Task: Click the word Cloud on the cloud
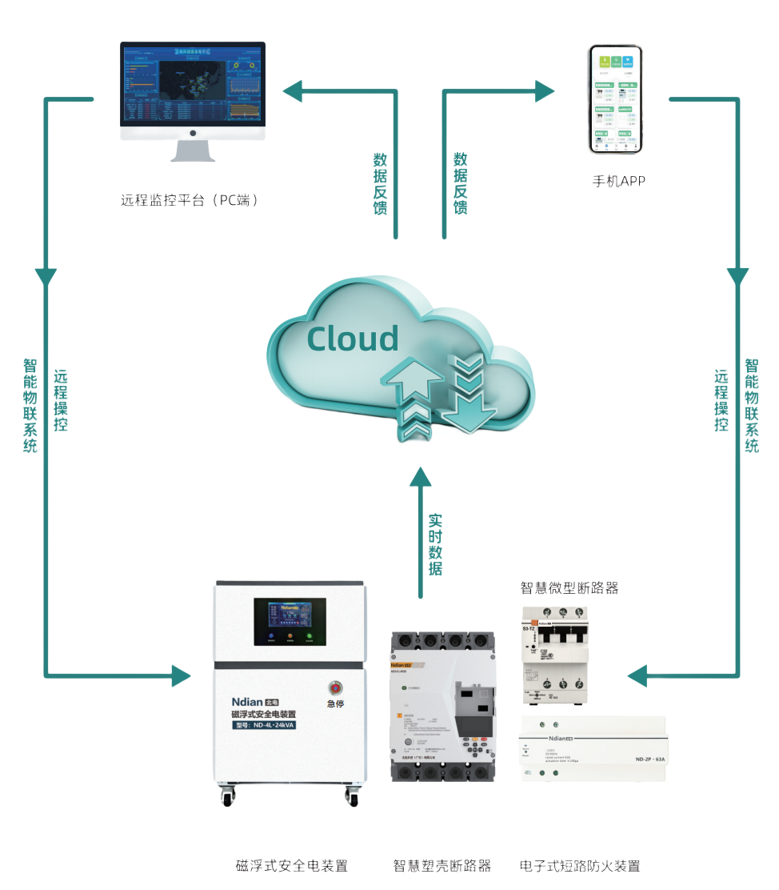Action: [353, 339]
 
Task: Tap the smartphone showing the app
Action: [617, 100]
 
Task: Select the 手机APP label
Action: [617, 182]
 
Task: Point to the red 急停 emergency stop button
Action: [334, 688]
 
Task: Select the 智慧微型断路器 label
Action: [569, 588]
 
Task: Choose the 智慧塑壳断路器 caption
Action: [441, 866]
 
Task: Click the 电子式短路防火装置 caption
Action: [580, 866]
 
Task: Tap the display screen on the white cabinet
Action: [290, 621]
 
